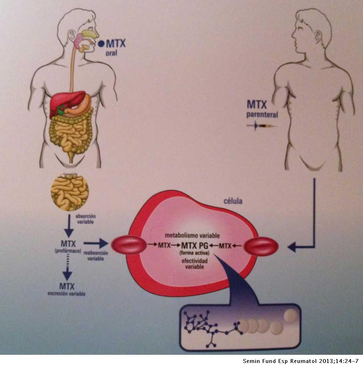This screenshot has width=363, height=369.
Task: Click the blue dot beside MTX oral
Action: click(101, 44)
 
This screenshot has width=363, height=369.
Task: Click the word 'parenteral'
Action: click(262, 115)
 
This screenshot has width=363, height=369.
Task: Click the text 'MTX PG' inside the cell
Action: click(195, 245)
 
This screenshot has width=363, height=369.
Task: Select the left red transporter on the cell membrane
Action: click(129, 245)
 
